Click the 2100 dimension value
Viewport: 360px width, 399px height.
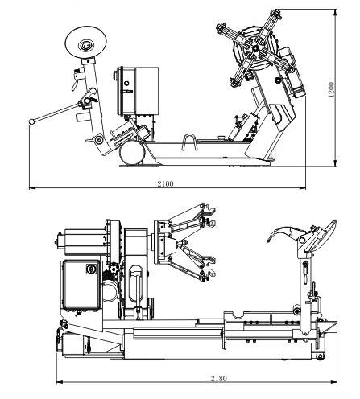point(165,183)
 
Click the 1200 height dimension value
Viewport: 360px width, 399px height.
point(332,89)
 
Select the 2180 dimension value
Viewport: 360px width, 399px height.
point(218,378)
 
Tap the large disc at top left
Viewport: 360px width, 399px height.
point(85,42)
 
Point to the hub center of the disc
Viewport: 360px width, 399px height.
point(86,45)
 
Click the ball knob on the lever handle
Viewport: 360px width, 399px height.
point(31,121)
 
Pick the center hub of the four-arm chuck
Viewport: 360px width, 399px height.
point(255,48)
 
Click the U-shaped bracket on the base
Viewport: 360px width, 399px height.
point(189,142)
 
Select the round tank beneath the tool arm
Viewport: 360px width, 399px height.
point(132,153)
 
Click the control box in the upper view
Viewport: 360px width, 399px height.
point(138,92)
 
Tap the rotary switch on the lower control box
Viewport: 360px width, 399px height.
point(91,269)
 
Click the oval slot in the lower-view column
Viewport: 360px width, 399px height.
point(136,284)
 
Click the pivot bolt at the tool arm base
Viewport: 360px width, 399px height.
point(99,139)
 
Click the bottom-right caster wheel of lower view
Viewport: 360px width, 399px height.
point(320,356)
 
